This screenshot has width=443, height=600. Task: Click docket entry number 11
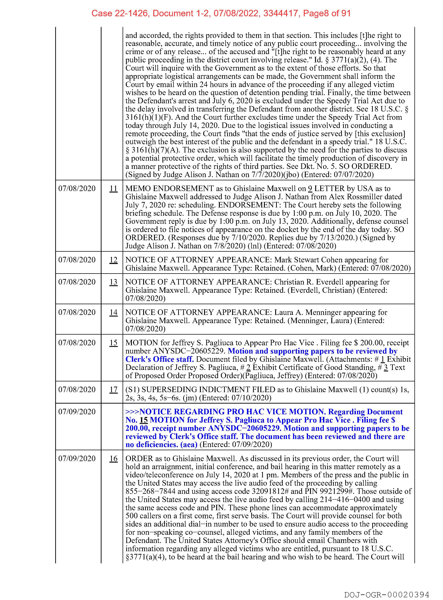[113, 189]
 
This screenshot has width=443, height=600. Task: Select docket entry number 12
[113, 260]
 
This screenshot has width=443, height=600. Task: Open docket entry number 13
[113, 282]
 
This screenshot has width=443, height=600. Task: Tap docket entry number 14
[113, 312]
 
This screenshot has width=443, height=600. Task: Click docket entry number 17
[113, 389]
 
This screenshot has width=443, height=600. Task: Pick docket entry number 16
[113, 459]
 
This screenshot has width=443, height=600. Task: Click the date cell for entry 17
[77, 389]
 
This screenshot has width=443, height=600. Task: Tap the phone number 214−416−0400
[345, 499]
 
